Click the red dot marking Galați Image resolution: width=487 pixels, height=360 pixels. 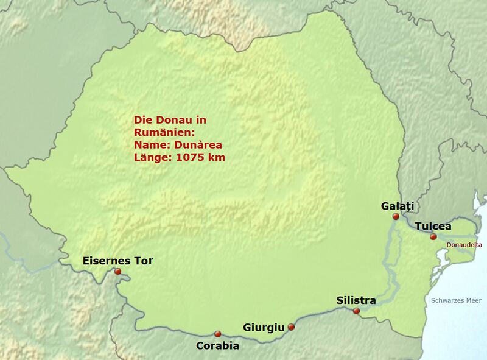396,216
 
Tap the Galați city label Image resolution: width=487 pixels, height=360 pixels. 397,206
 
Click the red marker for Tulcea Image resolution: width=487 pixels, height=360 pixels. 433,236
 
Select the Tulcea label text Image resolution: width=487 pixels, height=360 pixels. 433,226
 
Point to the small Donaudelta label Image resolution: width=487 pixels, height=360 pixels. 464,245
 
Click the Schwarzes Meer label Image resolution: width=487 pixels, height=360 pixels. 456,300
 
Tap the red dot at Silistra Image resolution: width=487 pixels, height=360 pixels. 356,311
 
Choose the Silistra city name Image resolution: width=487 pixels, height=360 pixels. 356,300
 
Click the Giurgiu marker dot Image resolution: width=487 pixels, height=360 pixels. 291,327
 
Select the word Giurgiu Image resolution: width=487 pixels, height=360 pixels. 264,328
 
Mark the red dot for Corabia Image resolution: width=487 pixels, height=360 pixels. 217,334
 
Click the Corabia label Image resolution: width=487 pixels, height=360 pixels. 217,346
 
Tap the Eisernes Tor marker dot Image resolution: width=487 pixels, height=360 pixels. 117,272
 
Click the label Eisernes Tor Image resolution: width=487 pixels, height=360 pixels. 117,261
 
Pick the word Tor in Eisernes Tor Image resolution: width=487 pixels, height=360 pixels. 143,261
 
